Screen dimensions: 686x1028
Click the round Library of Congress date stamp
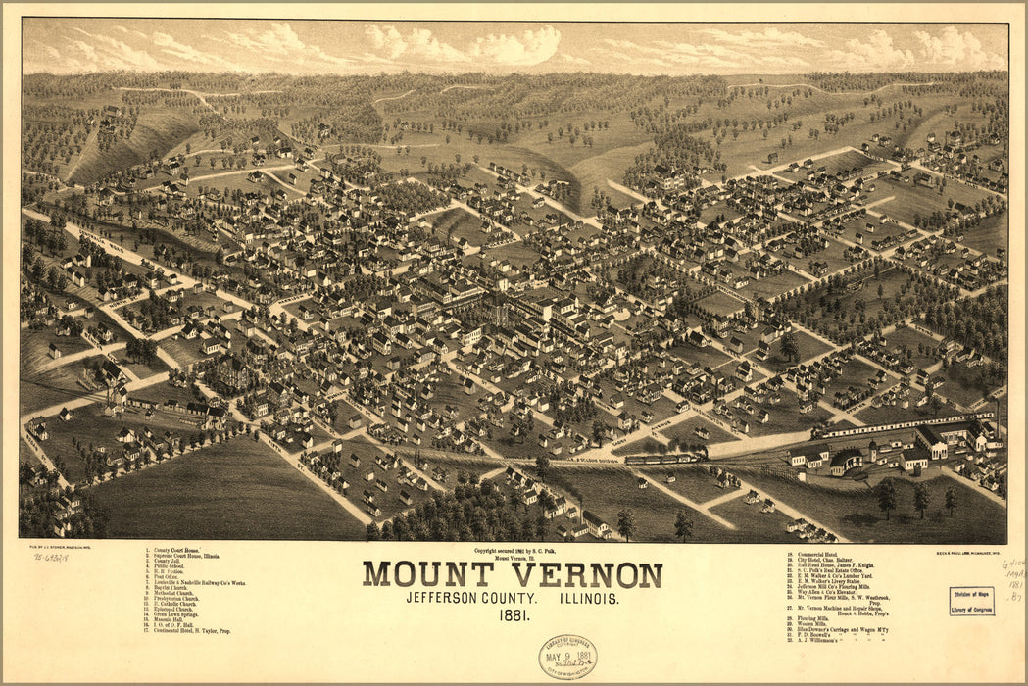pyautogui.click(x=566, y=656)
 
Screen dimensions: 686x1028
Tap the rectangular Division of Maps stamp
pyautogui.click(x=970, y=601)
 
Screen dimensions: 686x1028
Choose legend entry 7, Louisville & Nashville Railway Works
pyautogui.click(x=192, y=583)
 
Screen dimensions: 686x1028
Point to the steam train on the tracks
pyautogui.click(x=666, y=457)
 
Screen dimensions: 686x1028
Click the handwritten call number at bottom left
pyautogui.click(x=50, y=556)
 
